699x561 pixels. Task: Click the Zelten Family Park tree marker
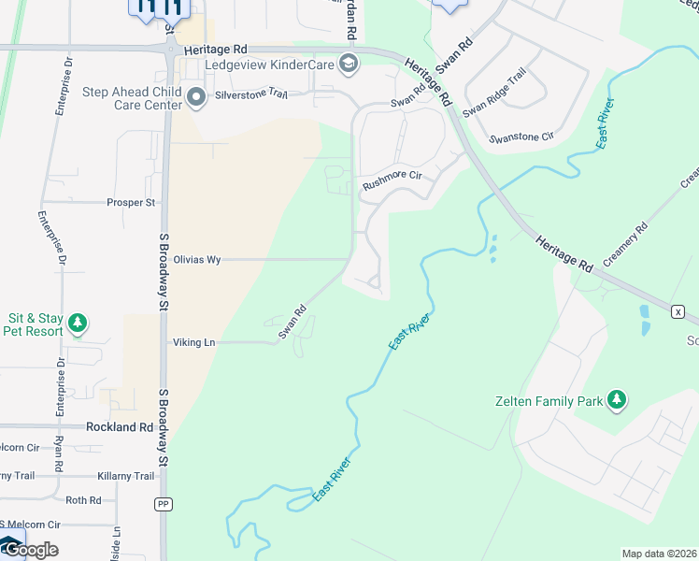tap(616, 400)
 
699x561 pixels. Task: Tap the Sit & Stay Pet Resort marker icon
tap(78, 324)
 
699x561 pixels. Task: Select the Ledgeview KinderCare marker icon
tap(349, 64)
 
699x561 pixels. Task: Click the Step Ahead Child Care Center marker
tap(196, 97)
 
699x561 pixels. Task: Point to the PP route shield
tap(163, 503)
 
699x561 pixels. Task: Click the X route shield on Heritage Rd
tap(678, 310)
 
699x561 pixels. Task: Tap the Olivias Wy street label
tap(196, 260)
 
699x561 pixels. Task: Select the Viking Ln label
tap(193, 343)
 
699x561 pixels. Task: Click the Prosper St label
tap(131, 202)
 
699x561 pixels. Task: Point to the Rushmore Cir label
tap(392, 176)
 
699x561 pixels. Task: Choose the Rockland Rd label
tap(119, 426)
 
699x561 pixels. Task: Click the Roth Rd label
tap(83, 501)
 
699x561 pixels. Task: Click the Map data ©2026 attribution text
tap(660, 554)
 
